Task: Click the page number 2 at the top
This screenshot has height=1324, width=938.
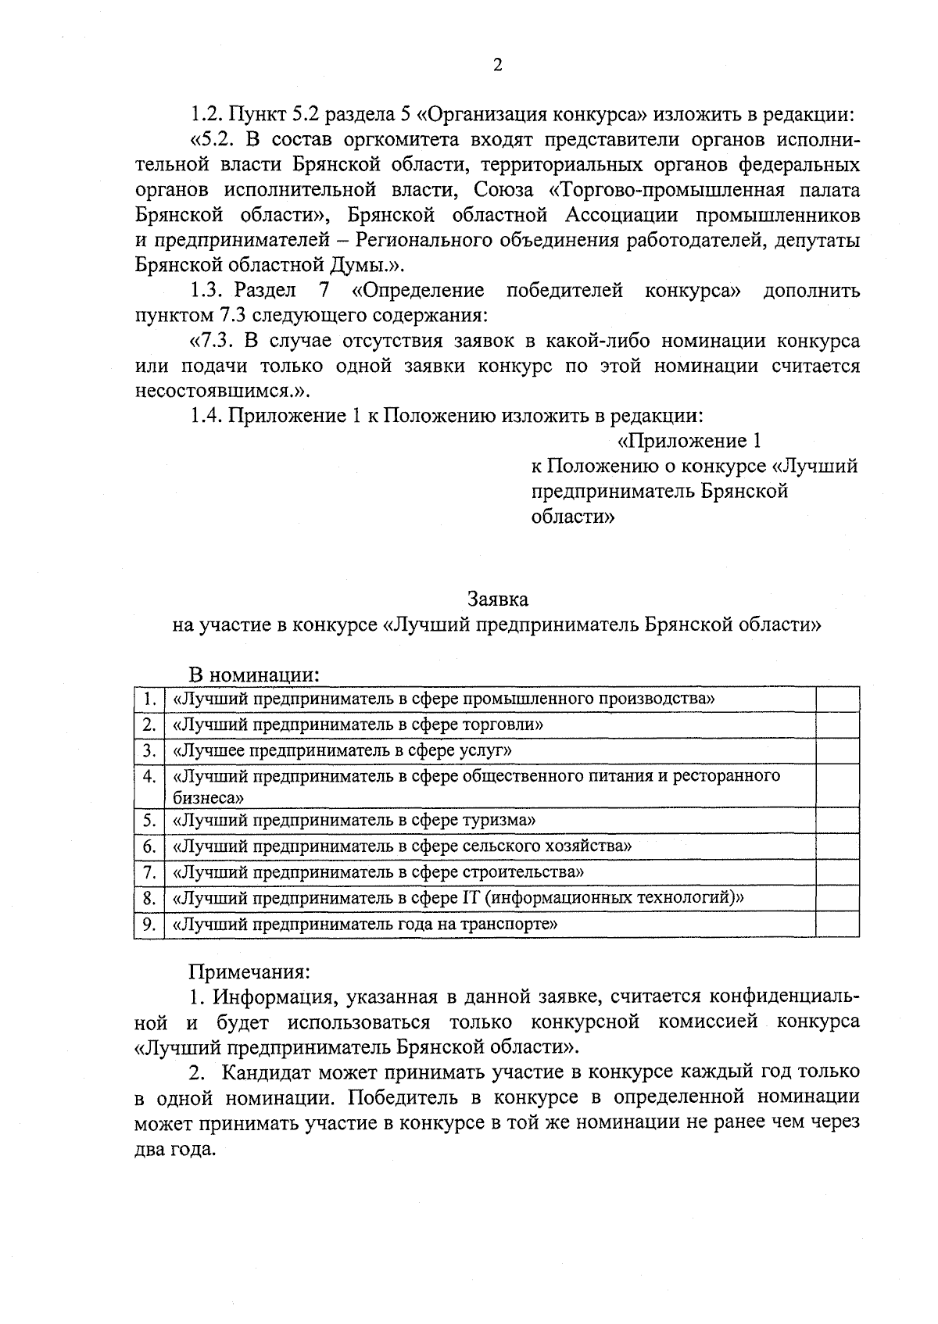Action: point(497,66)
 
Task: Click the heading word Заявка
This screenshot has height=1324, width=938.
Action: point(497,599)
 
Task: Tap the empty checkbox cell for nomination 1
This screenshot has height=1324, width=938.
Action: point(837,699)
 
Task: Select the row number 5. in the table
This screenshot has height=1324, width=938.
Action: point(149,821)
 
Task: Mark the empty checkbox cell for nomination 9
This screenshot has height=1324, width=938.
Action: point(837,925)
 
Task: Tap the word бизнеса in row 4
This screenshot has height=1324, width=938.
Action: point(206,798)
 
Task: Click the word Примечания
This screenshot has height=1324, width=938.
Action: point(249,972)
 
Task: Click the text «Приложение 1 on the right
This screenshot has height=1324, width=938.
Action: point(689,442)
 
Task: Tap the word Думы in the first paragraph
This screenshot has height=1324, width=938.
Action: point(360,266)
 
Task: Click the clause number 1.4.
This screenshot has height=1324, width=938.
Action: point(207,417)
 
